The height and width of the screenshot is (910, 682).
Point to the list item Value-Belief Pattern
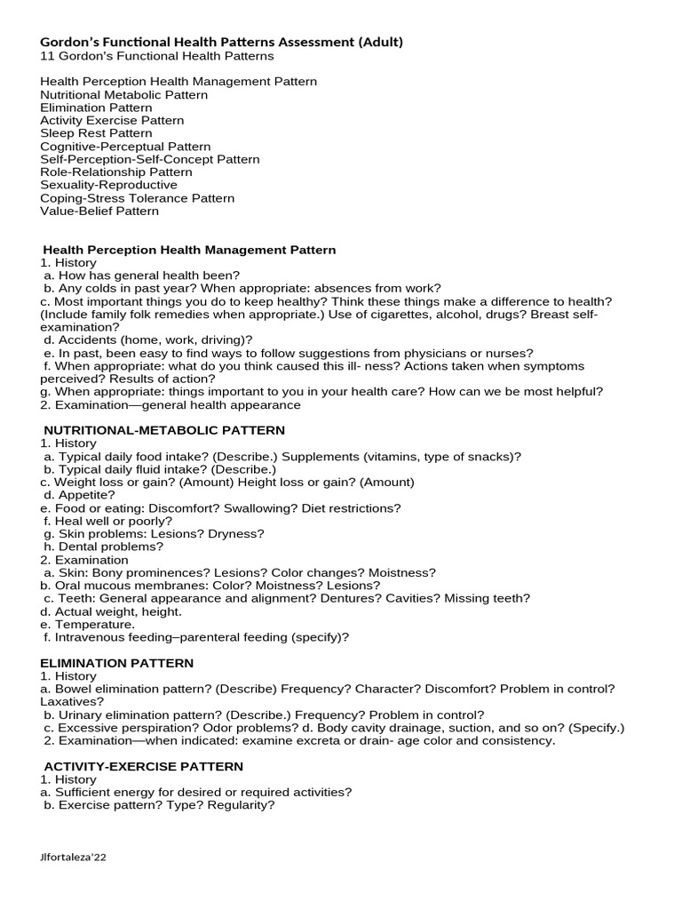99,211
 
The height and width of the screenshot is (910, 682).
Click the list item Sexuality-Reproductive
108,185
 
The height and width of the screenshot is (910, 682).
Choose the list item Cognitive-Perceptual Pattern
125,147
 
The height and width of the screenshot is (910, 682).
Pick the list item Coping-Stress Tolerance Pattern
137,198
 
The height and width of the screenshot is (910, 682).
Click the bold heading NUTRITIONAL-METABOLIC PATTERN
164,430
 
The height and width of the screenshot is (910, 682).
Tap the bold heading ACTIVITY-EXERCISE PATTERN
143,766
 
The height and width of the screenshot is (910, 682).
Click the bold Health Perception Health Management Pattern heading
190,250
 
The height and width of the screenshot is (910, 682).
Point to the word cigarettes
405,315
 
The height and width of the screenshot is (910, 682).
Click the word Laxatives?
72,701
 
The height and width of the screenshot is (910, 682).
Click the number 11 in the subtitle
47,56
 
